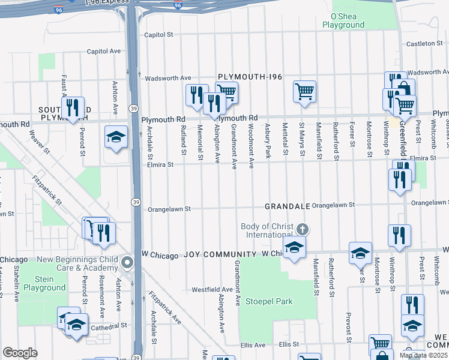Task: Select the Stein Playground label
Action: pos(44,283)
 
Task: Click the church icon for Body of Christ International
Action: pos(303,230)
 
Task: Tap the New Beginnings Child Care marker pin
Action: pos(127,263)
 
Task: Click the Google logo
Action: pos(20,353)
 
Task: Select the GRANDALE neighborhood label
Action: pos(286,207)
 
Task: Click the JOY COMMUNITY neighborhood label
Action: pos(221,255)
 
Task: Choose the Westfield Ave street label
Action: pos(212,289)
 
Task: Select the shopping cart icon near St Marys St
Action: pos(305,91)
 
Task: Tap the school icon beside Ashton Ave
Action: pos(116,137)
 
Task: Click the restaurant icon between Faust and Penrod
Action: pos(73,108)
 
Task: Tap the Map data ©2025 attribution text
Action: pos(424,355)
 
